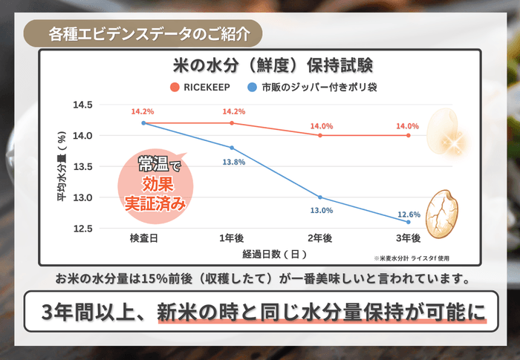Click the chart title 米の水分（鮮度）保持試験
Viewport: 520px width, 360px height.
(259, 64)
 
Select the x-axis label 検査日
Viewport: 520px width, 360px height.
(143, 238)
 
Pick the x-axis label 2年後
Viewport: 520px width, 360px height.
(319, 238)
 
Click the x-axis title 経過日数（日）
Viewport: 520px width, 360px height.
(274, 254)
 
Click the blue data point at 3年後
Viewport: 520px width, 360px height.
(409, 222)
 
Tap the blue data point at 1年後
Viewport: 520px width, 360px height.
(232, 148)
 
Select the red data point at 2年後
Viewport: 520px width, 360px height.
(320, 135)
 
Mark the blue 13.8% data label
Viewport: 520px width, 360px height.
(233, 162)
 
